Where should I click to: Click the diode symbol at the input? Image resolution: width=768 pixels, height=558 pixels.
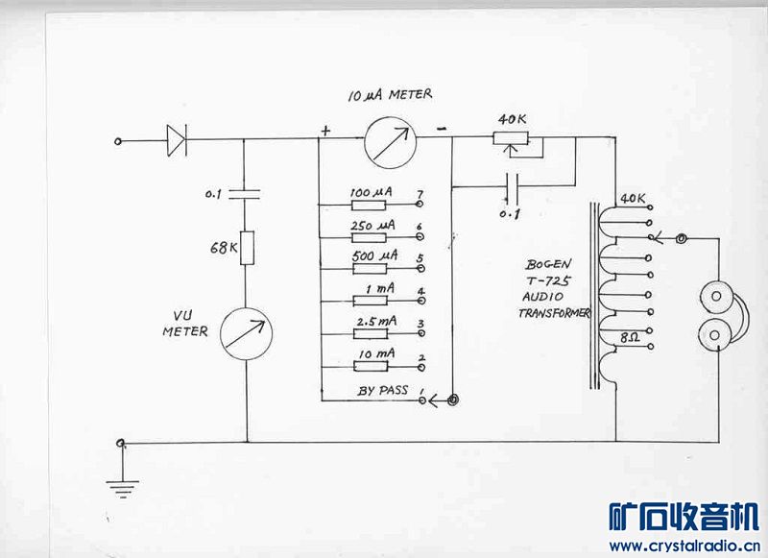click(x=175, y=141)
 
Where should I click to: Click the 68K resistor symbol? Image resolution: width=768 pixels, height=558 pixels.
click(x=246, y=248)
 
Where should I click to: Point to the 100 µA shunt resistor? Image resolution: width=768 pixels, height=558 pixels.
click(x=368, y=206)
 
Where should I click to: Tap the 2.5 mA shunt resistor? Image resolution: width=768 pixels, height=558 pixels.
click(x=368, y=331)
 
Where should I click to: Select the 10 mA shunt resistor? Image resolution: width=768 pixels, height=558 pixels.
click(x=368, y=365)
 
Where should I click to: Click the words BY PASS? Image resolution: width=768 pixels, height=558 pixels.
click(x=383, y=391)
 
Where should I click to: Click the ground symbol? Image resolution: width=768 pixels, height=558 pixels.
click(x=121, y=488)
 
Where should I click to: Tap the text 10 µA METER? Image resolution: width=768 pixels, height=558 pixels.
click(x=390, y=95)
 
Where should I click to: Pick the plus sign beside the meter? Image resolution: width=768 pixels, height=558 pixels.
click(x=327, y=131)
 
